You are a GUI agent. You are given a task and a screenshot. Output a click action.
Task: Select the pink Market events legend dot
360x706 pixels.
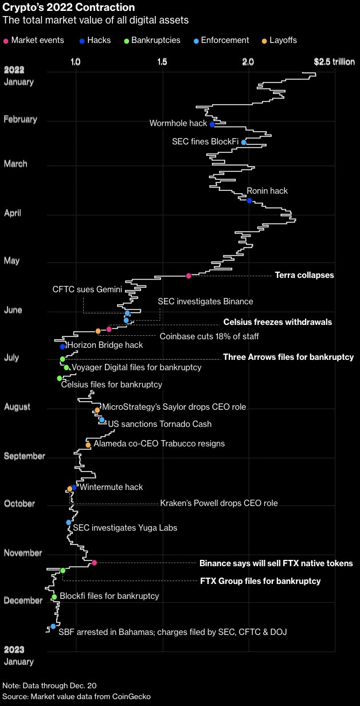6,41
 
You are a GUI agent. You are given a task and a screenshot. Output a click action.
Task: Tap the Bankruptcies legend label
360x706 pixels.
155,41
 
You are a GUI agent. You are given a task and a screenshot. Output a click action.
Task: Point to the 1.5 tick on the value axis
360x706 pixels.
162,61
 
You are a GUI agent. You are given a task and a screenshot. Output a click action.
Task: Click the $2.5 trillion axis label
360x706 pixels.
334,61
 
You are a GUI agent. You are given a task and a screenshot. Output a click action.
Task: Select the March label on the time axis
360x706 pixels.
15,164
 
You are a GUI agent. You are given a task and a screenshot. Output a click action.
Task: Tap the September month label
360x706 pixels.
24,456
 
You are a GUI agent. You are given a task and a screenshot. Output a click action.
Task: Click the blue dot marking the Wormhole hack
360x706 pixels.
212,124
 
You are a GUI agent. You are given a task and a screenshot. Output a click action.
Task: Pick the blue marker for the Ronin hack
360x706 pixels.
249,201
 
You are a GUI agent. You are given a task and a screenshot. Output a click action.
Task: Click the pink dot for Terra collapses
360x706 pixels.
189,276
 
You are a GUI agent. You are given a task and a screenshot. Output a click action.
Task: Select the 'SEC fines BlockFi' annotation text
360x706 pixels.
205,142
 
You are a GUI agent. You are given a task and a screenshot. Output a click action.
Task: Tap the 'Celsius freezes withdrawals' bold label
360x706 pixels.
277,322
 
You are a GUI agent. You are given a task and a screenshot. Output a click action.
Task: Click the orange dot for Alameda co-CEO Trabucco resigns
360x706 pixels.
88,445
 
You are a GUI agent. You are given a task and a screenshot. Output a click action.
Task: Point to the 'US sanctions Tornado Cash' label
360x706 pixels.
159,424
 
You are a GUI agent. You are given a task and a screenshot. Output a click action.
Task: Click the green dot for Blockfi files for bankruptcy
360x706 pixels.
54,597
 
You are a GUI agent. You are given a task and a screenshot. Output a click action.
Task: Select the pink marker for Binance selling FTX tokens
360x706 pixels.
95,563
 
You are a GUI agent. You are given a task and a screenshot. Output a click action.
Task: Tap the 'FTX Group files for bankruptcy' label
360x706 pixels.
260,581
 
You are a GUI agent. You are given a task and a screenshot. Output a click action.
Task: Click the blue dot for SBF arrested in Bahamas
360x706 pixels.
53,626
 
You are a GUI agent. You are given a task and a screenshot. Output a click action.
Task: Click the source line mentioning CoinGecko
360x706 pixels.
77,696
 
